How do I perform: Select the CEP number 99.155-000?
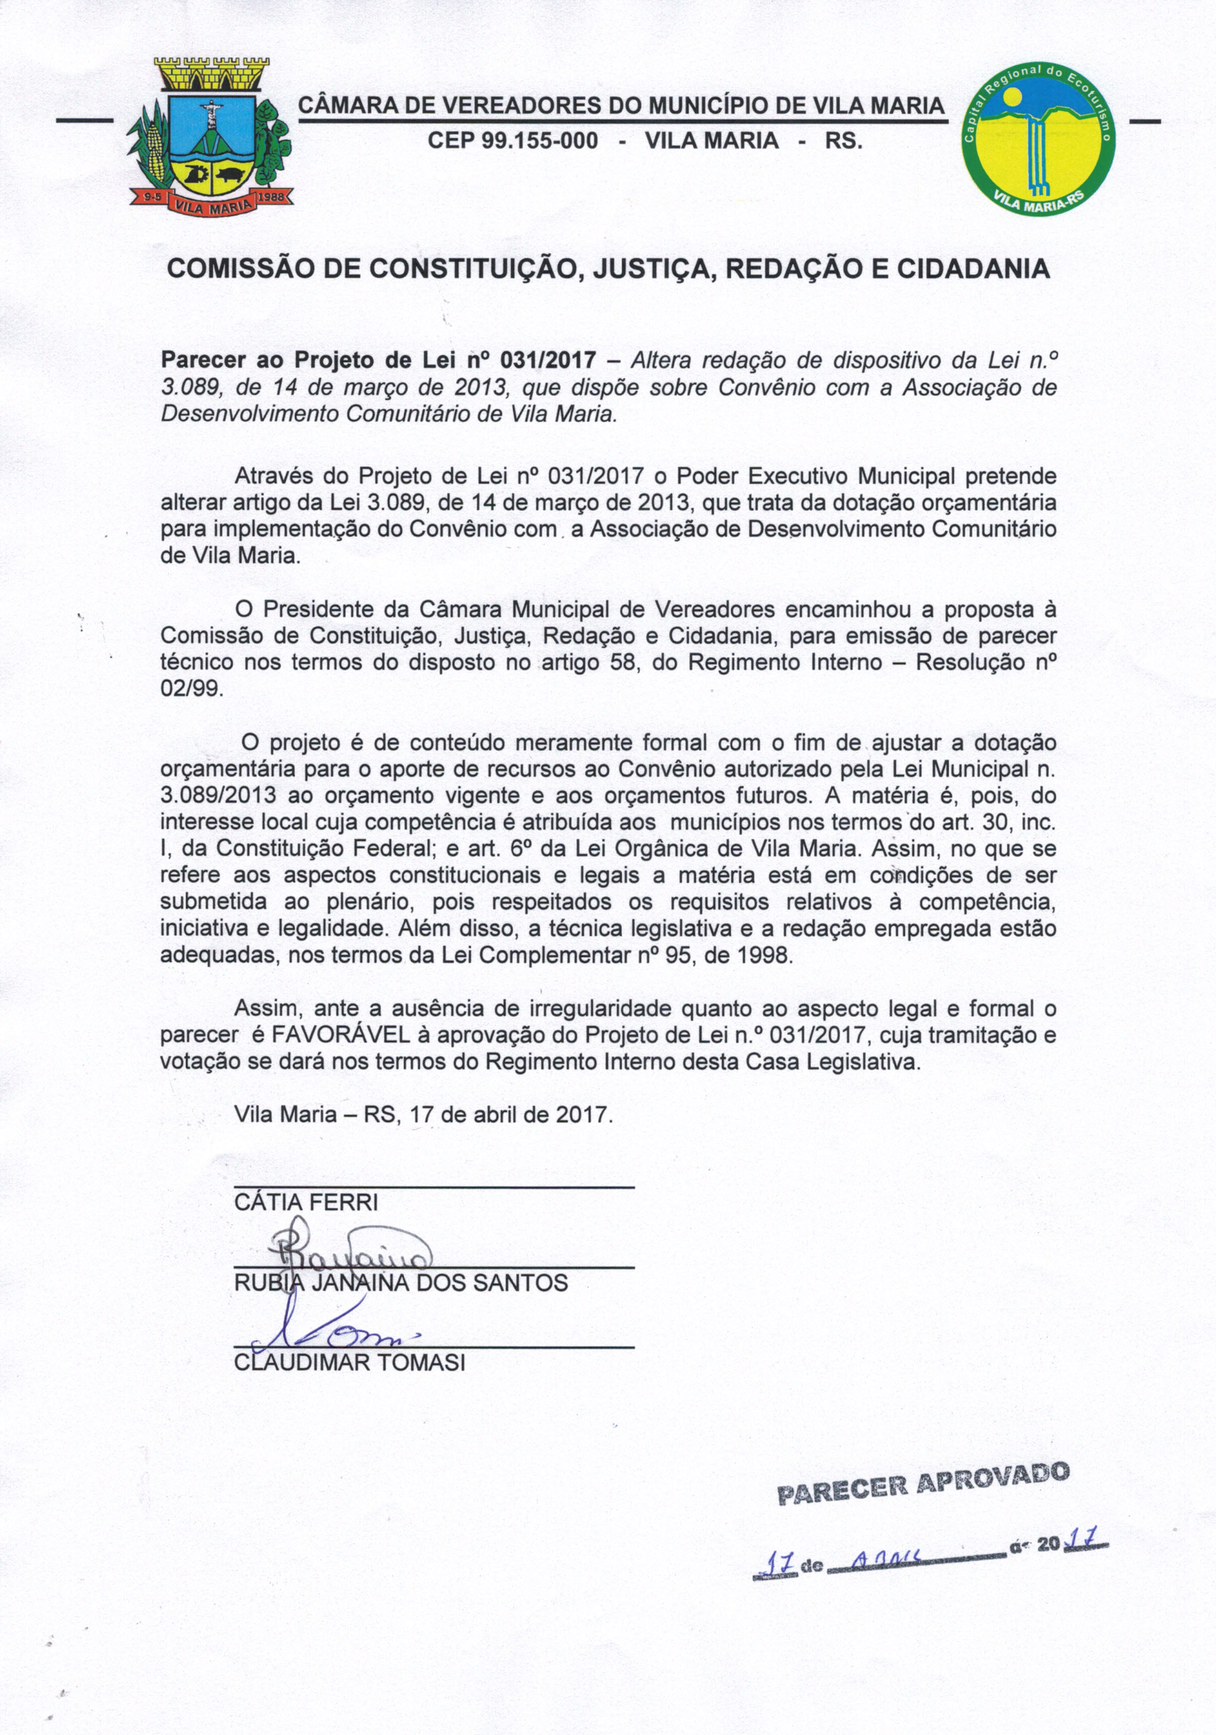(x=512, y=140)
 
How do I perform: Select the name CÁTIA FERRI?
(x=305, y=1202)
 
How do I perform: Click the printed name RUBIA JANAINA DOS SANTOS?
(x=401, y=1283)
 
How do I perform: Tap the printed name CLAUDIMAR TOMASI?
(x=350, y=1363)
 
